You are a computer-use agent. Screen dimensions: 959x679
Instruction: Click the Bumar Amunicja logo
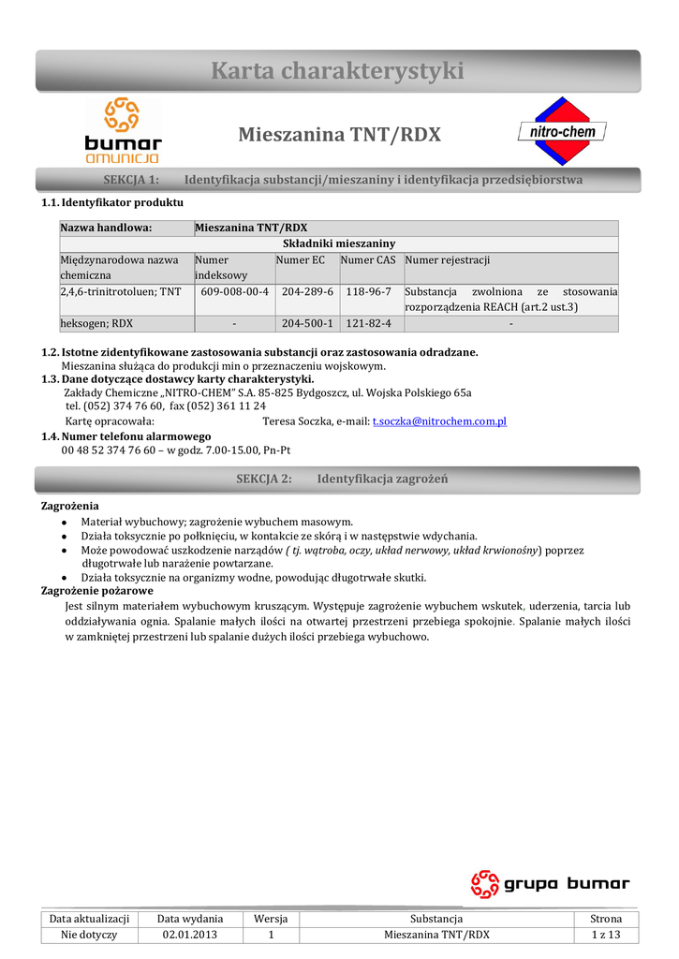[x=123, y=131]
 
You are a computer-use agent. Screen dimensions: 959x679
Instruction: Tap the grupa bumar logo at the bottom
[x=550, y=884]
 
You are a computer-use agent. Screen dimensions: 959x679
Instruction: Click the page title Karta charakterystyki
[x=338, y=70]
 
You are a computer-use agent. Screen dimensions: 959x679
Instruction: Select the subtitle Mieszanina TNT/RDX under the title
[x=339, y=135]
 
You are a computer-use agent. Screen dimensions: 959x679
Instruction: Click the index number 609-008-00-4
[x=234, y=292]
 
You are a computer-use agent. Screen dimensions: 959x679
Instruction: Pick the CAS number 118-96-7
[x=369, y=292]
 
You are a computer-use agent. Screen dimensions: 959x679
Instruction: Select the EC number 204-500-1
[x=306, y=324]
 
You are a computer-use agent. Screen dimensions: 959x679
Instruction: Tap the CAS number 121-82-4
[x=369, y=324]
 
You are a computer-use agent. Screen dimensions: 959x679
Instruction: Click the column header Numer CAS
[x=368, y=260]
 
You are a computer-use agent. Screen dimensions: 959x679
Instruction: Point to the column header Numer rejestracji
[x=448, y=260]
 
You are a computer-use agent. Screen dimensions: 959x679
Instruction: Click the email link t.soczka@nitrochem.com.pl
[x=439, y=421]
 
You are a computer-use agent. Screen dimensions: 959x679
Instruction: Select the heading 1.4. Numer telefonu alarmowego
[x=126, y=436]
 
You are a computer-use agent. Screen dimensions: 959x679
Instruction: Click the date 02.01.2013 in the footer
[x=189, y=936]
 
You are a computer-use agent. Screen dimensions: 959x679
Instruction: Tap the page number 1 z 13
[x=605, y=936]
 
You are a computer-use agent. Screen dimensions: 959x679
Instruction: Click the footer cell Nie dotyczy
[x=89, y=936]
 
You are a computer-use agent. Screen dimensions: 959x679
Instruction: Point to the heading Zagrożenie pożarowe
[x=97, y=591]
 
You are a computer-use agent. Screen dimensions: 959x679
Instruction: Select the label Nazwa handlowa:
[x=106, y=228]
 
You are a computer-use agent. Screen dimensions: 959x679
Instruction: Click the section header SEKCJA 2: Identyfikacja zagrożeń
[x=341, y=479]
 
